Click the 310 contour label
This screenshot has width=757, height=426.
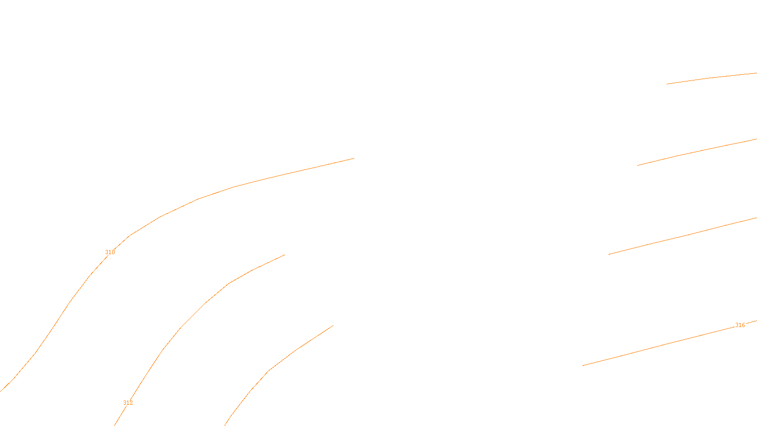110,252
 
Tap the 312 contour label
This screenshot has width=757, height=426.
128,403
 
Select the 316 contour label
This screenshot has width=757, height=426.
740,325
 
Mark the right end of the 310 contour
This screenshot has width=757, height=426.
354,158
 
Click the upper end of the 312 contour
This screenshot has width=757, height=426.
284,255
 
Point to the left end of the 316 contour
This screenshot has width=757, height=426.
583,365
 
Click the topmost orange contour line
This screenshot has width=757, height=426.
710,78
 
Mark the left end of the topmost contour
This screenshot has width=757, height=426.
667,84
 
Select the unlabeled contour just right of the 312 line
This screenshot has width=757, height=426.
269,371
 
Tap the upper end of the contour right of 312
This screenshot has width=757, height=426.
333,326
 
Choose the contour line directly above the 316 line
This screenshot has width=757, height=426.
681,236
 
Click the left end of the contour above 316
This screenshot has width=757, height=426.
609,254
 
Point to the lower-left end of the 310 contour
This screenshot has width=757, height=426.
1,391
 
